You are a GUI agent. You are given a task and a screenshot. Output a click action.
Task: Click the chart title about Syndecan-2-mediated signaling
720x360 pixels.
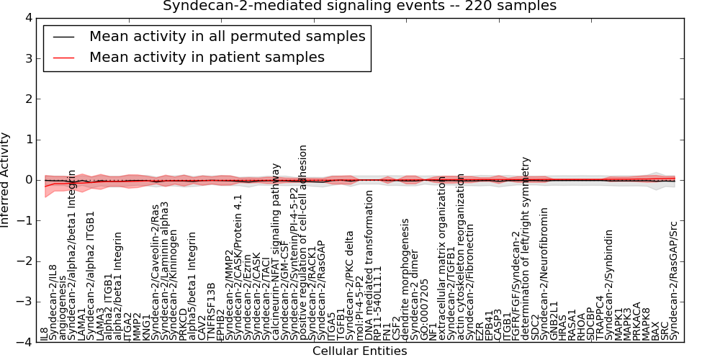point(359,6)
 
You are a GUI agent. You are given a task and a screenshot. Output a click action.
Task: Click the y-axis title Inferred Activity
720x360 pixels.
point(6,180)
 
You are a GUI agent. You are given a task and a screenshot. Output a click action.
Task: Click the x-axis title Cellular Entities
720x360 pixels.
point(359,351)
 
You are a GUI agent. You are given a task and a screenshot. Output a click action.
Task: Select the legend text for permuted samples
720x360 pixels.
point(227,36)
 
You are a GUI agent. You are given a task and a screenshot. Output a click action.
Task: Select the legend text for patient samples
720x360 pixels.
point(207,57)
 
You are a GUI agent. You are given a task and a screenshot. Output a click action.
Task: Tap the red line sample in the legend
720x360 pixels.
point(63,57)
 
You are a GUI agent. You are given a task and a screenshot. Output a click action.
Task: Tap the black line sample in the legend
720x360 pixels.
point(63,36)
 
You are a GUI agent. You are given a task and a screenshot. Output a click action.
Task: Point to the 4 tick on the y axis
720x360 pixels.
point(27,17)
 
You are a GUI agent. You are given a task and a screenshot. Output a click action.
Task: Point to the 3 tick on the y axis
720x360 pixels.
point(27,58)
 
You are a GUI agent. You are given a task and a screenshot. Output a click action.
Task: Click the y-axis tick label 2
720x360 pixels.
point(27,99)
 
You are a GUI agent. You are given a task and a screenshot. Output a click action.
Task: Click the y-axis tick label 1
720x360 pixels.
point(27,140)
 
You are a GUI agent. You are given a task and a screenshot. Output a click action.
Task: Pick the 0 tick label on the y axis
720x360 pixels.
point(27,180)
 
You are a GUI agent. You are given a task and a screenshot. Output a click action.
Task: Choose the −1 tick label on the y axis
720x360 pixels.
point(24,221)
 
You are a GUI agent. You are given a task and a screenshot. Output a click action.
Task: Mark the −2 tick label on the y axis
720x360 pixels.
point(24,261)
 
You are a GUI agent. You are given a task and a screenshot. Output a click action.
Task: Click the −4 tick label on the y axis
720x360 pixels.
point(24,343)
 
